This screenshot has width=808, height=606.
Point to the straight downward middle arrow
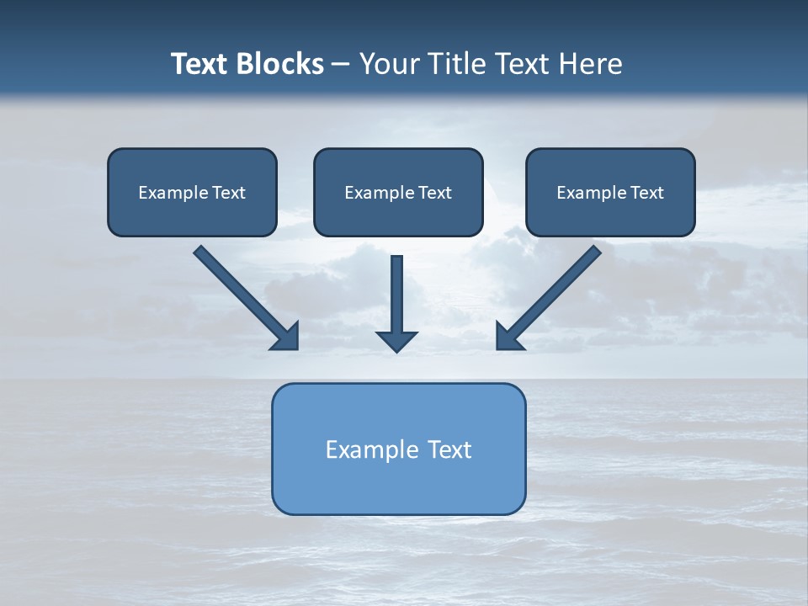point(397,295)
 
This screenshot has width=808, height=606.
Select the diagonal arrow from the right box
point(555,291)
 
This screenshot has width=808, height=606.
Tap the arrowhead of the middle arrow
point(397,341)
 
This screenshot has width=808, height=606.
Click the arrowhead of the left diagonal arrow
point(287,337)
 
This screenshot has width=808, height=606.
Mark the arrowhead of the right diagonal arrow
point(508,337)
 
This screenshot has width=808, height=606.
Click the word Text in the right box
point(646,193)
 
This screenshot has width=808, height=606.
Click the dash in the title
point(342,65)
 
